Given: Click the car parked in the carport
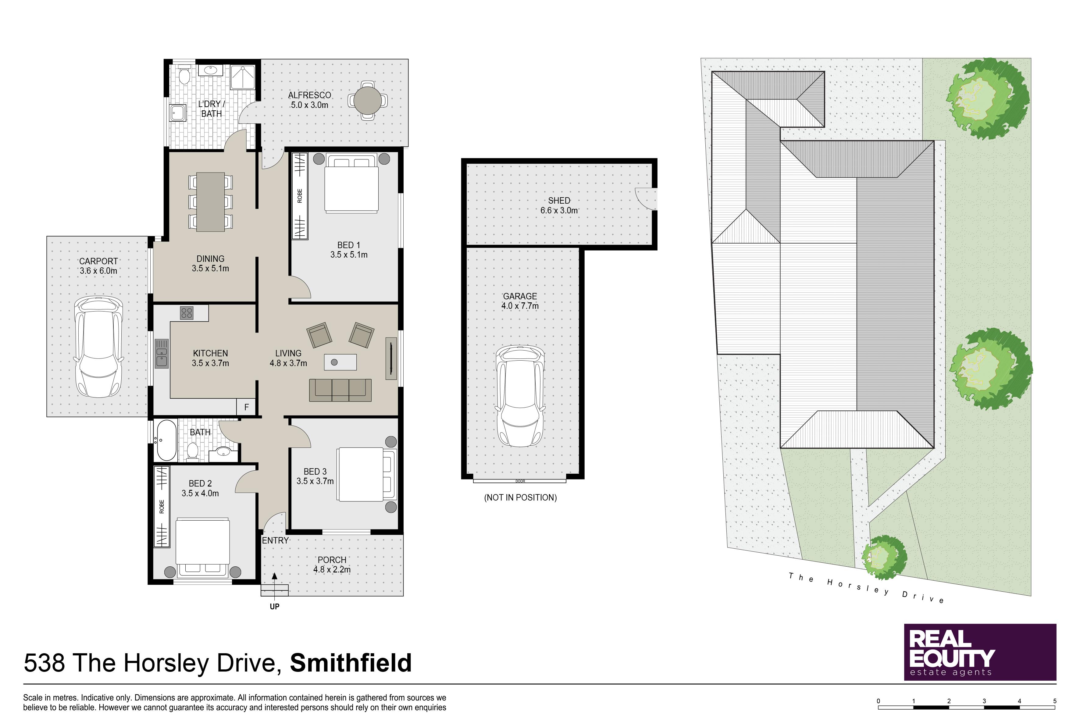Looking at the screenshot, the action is coord(99,347).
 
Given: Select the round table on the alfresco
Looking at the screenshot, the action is coord(367,100).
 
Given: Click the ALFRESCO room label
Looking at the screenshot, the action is coord(309,95).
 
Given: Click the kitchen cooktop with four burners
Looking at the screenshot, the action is coord(187,313).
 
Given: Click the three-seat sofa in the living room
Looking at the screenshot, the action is coord(340,390).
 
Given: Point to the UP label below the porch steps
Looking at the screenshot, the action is coord(275,607).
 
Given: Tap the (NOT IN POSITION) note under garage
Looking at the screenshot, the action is coord(520,497).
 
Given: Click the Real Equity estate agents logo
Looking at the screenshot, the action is coord(980,652).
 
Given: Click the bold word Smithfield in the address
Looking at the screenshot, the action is coord(351,663).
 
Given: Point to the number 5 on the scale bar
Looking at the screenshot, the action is coord(1055,701).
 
